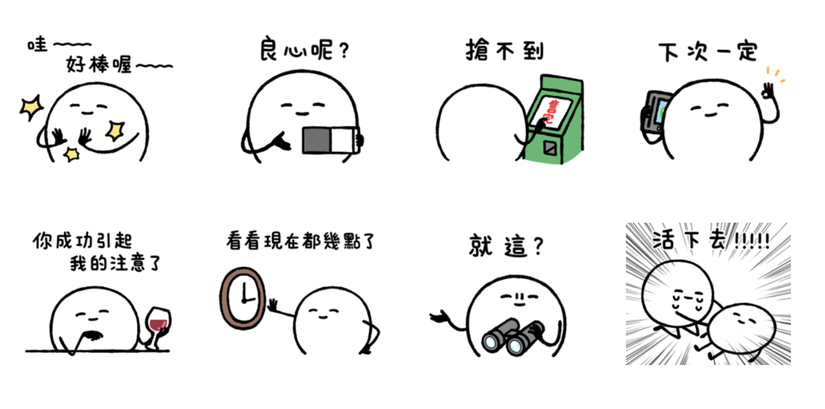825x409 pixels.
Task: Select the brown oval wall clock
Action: point(242,298)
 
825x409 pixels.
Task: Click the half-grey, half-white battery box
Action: point(330,140)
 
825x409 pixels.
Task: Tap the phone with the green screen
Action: point(656,110)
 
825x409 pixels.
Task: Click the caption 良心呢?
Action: point(304,50)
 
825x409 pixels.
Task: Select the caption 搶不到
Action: point(504,50)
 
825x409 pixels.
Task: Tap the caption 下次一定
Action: point(707,51)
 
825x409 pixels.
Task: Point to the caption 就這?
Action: point(506,247)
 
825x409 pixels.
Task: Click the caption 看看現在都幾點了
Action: point(300,241)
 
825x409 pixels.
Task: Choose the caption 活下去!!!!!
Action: point(710,241)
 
